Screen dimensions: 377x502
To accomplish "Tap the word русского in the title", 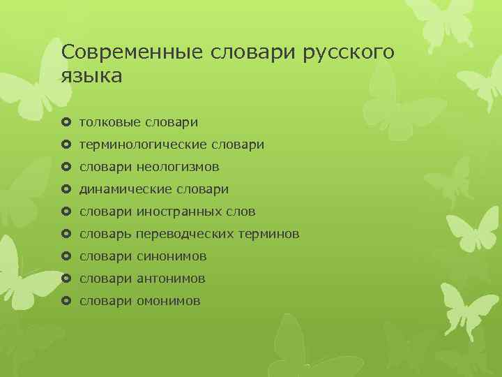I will [348, 52].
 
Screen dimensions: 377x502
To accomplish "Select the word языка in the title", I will [91, 75].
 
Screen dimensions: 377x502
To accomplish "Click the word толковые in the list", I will [110, 123].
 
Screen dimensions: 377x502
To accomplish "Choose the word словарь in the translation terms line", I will [105, 235].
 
